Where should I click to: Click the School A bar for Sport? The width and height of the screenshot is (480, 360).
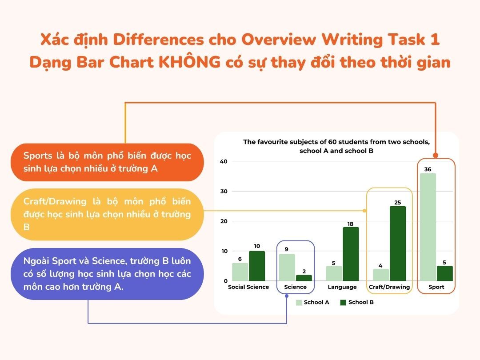427,227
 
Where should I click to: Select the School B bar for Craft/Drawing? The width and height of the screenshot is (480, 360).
398,244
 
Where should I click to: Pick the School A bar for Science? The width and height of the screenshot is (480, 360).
288,267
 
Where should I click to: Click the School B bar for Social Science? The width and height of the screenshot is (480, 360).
257,266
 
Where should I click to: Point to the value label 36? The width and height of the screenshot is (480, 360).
428,169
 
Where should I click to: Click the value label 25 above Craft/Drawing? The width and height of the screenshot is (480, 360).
397,203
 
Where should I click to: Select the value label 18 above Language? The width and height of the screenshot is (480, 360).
350,224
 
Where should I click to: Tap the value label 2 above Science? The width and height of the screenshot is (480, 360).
304,272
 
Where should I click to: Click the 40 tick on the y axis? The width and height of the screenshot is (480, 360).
224,161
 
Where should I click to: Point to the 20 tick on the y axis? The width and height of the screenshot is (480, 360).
224,221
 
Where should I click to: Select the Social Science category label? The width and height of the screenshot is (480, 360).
248,287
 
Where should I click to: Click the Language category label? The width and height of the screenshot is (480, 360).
342,287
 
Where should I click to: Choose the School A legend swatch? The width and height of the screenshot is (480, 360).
299,302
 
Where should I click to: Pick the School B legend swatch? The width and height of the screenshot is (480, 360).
343,302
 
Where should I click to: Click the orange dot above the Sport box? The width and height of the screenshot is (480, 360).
436,155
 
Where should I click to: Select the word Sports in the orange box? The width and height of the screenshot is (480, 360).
38,156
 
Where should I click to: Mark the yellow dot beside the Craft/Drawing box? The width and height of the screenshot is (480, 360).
364,211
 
